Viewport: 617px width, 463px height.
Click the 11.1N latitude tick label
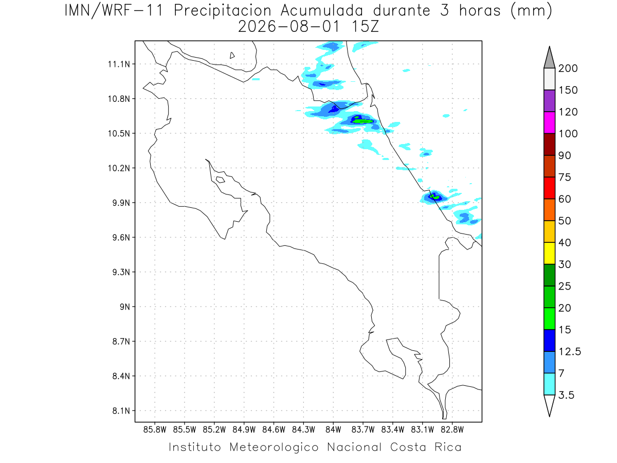(119, 64)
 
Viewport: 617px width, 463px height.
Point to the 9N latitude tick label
(125, 307)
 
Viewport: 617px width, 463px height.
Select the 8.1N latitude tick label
(121, 411)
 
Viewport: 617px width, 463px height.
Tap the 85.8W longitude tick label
(155, 430)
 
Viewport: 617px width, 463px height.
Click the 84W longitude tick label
(333, 430)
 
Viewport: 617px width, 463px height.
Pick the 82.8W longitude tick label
(452, 430)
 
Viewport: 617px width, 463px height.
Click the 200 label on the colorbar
(568, 68)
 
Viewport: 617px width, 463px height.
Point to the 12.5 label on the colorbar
(570, 351)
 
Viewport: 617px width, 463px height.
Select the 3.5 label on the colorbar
(566, 395)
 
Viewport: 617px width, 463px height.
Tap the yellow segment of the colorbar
(549, 253)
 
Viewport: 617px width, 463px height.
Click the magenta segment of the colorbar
(549, 122)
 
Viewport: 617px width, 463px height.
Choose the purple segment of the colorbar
(549, 101)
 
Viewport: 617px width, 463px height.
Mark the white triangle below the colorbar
(549, 404)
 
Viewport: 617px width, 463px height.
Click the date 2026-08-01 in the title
(288, 27)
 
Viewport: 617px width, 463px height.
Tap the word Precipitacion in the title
(223, 11)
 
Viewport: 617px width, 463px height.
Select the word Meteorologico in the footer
(274, 447)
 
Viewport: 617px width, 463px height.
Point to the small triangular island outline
(232, 56)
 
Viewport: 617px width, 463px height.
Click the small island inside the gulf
(221, 180)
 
